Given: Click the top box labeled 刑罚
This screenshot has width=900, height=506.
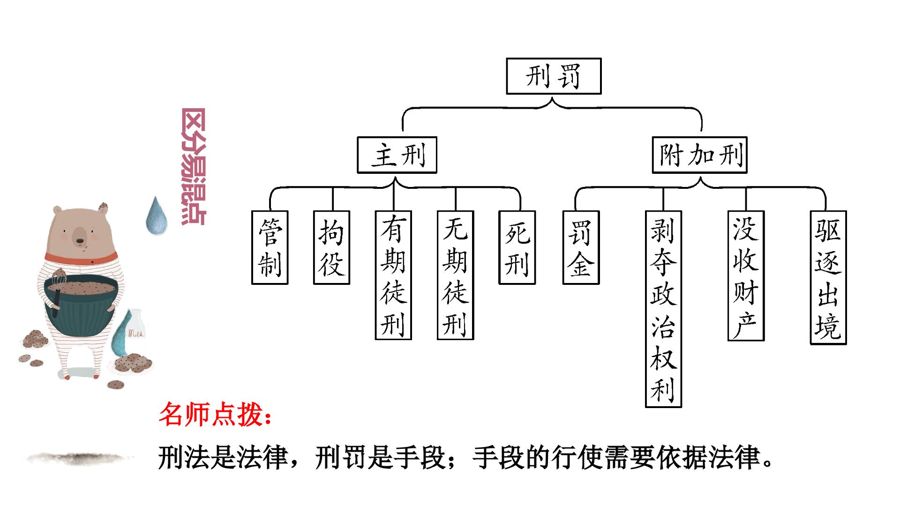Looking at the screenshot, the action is [x=554, y=76].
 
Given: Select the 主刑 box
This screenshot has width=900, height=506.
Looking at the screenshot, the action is [x=397, y=155].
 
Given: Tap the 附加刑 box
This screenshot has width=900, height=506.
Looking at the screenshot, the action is [x=699, y=155].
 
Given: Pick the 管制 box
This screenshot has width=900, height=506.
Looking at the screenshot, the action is [x=270, y=247].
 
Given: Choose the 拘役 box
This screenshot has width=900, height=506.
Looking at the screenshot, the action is [x=332, y=247].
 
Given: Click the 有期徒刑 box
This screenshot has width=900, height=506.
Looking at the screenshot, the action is [x=393, y=275].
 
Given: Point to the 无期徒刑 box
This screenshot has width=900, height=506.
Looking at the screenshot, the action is [x=456, y=275].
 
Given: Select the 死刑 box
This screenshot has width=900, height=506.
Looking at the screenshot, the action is [x=517, y=247].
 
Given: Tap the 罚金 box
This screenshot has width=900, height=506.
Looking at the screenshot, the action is [x=581, y=247].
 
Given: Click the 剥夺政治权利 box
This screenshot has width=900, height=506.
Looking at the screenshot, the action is [x=663, y=309].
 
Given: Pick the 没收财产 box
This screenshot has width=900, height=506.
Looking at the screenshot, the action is [x=746, y=275].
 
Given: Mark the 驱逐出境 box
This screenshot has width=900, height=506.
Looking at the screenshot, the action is [x=828, y=278].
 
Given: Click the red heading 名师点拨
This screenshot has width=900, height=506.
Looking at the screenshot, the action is [x=215, y=414].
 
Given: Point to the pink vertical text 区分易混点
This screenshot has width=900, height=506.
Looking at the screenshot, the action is [x=193, y=167].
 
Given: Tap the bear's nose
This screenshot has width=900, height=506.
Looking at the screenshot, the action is [x=80, y=241].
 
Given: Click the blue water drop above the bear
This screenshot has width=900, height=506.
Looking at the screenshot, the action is [x=157, y=216].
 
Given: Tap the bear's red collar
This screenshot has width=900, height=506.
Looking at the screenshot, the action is [x=82, y=258].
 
